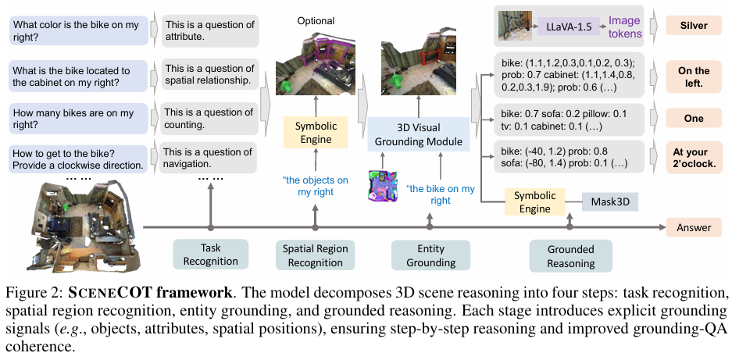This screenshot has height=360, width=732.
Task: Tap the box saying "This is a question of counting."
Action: tap(207, 117)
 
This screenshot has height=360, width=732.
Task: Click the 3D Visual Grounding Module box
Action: tap(418, 133)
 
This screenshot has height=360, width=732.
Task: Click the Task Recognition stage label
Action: tap(210, 255)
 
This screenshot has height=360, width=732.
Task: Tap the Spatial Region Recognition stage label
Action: tap(315, 255)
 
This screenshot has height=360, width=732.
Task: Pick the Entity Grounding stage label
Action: tap(430, 255)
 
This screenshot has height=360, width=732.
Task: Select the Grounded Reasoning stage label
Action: tap(570, 255)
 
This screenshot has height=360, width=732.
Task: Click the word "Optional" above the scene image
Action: tap(316, 21)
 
